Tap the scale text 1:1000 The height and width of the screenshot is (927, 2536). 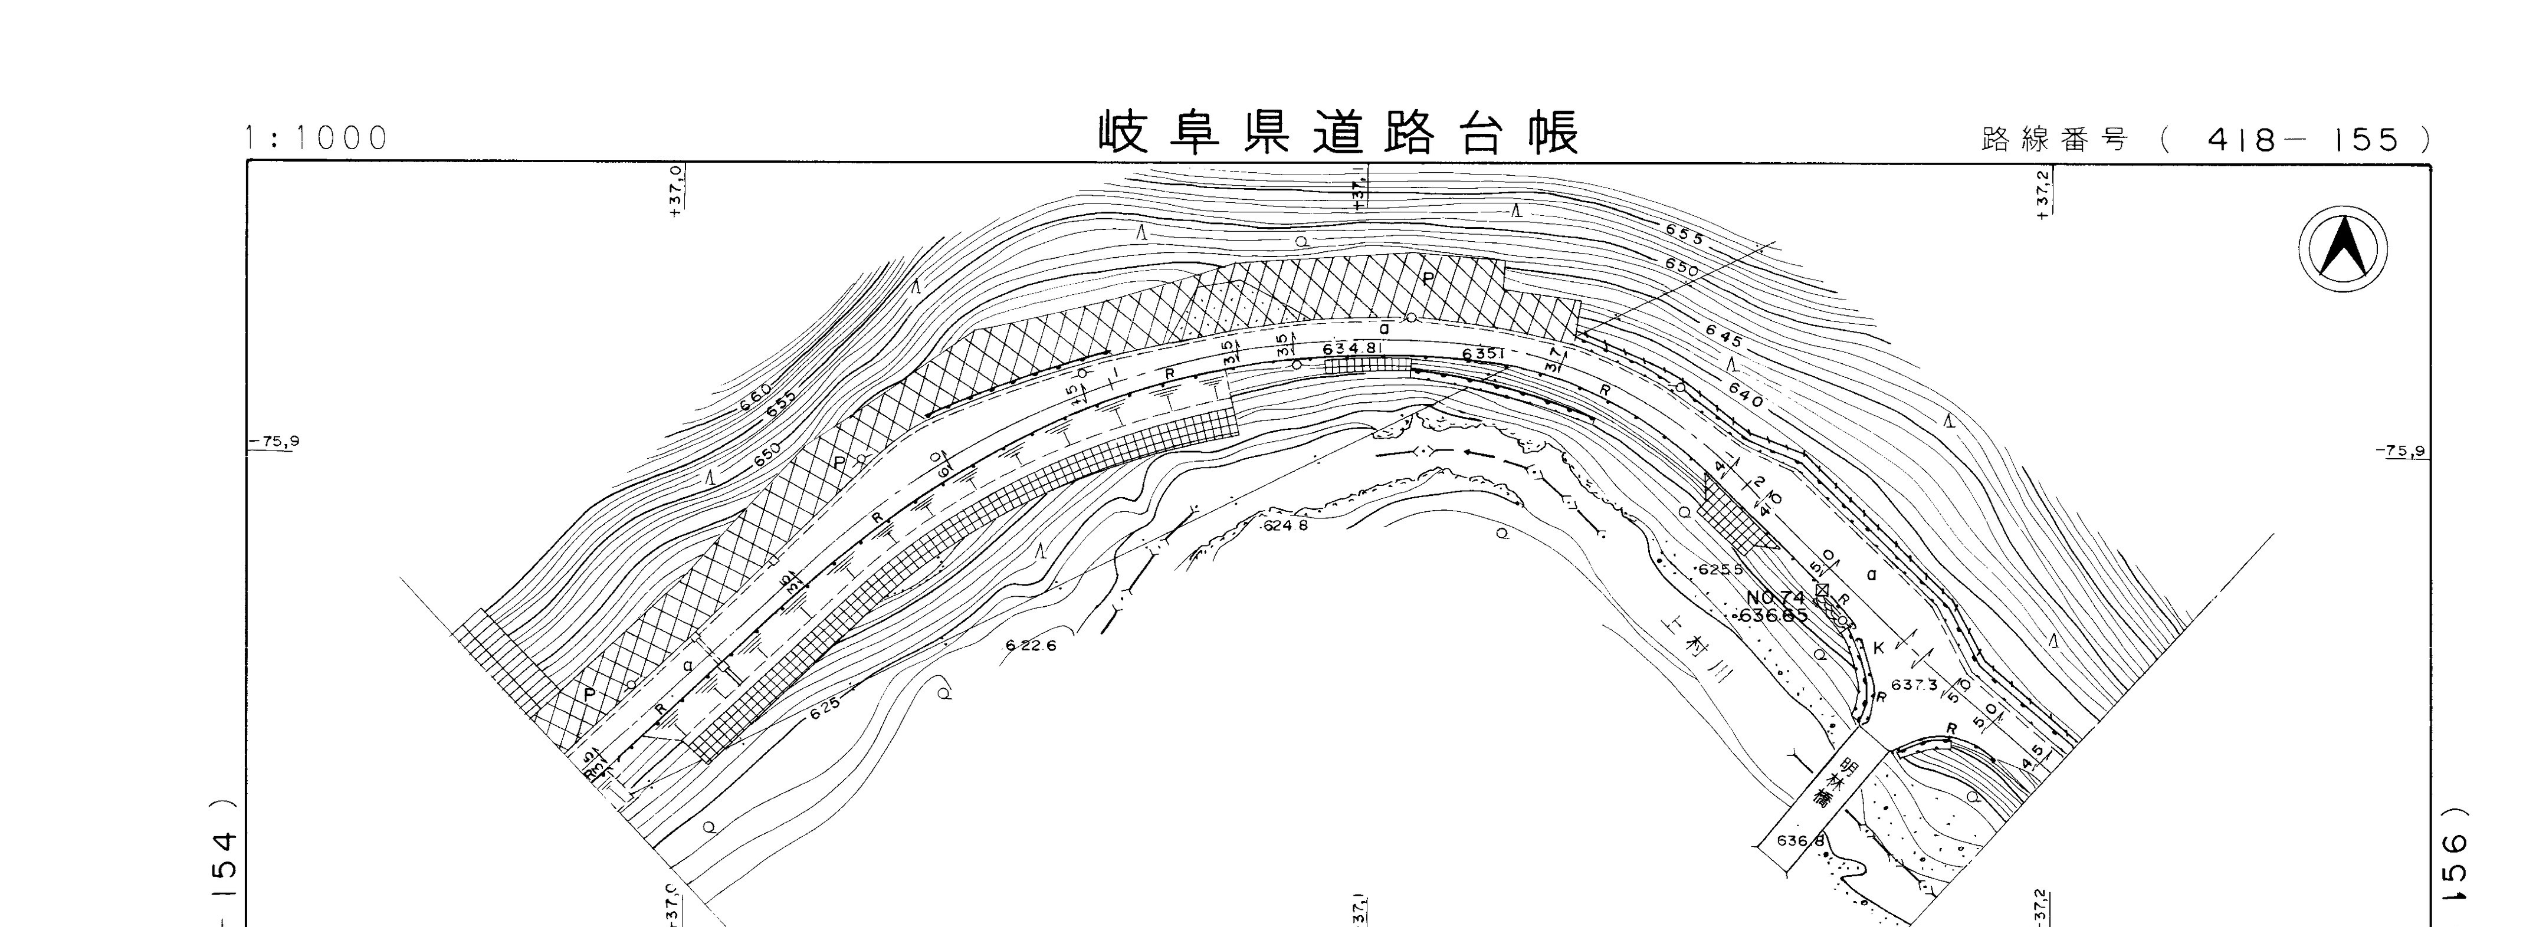point(317,139)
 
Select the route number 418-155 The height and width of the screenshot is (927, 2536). point(2304,140)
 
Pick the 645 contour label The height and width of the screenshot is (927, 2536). point(1724,337)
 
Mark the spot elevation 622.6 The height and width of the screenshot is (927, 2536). point(1031,646)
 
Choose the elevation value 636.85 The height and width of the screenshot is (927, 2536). point(1773,617)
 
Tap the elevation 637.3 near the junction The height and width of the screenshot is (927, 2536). point(1913,685)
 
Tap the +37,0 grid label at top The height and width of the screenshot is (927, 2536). point(675,191)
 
